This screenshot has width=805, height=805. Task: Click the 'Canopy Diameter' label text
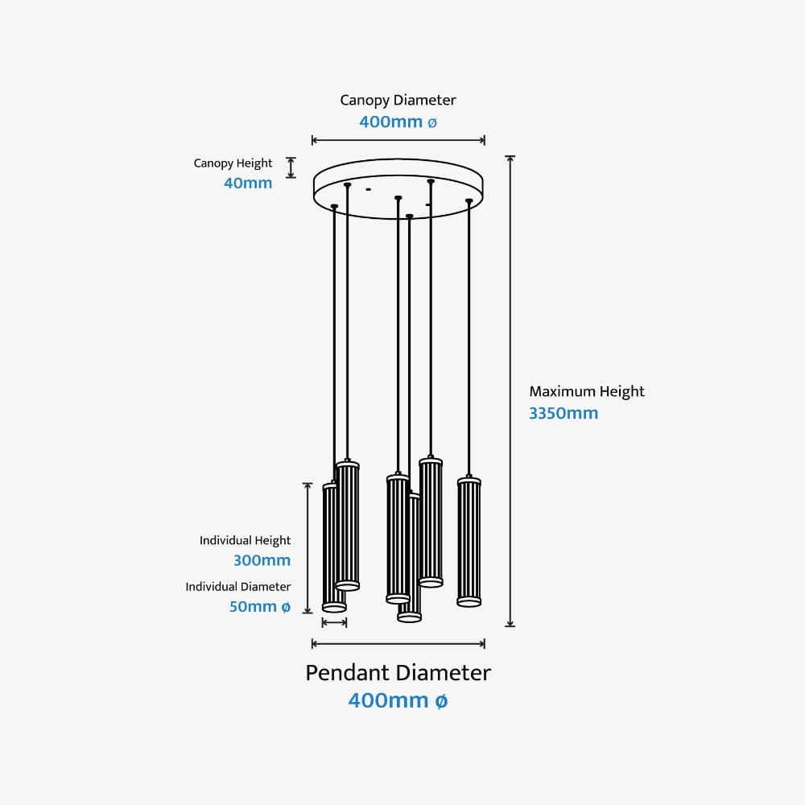pyautogui.click(x=398, y=101)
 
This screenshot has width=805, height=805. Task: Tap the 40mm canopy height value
pyautogui.click(x=248, y=183)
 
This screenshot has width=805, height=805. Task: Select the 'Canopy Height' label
pyautogui.click(x=233, y=163)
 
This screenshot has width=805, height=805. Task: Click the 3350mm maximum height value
pyautogui.click(x=563, y=414)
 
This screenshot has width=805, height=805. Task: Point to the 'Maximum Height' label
pyautogui.click(x=587, y=392)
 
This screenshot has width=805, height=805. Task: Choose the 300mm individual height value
pyautogui.click(x=262, y=560)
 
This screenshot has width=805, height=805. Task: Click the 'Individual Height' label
pyautogui.click(x=245, y=541)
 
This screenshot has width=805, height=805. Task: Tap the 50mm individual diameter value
pyautogui.click(x=259, y=607)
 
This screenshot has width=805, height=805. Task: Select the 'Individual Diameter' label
pyautogui.click(x=237, y=587)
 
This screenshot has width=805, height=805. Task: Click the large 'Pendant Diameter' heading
pyautogui.click(x=398, y=673)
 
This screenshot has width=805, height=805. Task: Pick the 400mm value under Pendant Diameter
pyautogui.click(x=398, y=701)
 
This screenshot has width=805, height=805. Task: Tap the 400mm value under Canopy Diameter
pyautogui.click(x=398, y=122)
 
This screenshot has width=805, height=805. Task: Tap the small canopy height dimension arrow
pyautogui.click(x=291, y=167)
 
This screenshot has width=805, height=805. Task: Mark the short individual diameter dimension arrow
pyautogui.click(x=333, y=622)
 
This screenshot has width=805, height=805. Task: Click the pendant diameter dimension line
pyautogui.click(x=398, y=642)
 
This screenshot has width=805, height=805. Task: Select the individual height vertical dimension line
pyautogui.click(x=307, y=547)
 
